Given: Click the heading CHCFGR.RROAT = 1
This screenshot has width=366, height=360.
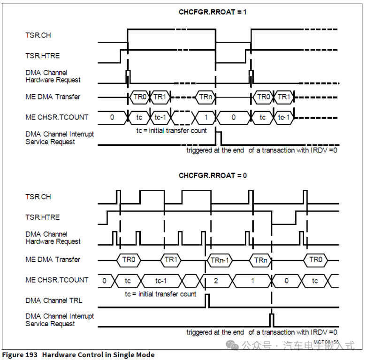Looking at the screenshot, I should [x=212, y=12].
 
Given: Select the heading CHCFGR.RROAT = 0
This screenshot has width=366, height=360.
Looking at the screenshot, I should [x=213, y=175].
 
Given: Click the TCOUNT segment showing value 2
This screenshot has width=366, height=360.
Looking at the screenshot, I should [x=215, y=280].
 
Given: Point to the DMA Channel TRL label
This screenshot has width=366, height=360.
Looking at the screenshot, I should [x=53, y=300].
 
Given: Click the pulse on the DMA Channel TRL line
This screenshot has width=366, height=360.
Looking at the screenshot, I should [x=207, y=300].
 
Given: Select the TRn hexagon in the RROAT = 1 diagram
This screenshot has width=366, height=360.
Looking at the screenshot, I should [x=205, y=97].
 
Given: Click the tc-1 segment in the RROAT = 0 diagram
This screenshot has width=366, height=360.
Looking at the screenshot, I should [x=160, y=280].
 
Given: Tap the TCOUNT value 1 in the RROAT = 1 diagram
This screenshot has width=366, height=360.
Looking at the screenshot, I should [x=205, y=117].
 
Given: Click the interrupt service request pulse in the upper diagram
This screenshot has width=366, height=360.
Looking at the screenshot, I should [x=218, y=138].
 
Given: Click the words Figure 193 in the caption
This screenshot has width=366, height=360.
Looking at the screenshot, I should [x=20, y=354].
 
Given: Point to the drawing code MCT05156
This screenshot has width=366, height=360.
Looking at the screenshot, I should [x=326, y=342].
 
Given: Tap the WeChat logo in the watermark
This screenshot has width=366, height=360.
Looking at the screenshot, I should [x=233, y=345].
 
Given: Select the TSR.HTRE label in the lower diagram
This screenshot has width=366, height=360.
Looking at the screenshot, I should [x=43, y=217].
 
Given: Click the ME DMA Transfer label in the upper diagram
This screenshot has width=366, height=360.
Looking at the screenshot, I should [x=53, y=97].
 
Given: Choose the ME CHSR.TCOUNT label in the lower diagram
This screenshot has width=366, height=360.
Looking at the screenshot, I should [x=57, y=280].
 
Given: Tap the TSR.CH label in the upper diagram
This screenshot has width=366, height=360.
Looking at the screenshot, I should [x=38, y=35].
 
